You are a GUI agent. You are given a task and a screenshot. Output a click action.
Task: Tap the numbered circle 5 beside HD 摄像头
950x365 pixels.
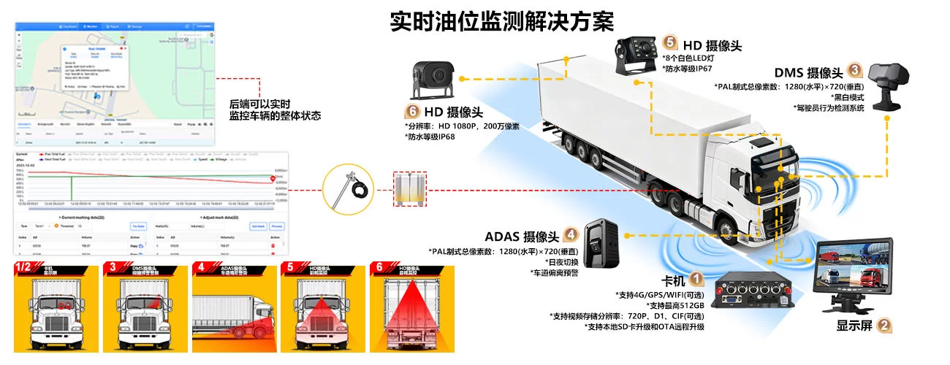[x=670, y=43]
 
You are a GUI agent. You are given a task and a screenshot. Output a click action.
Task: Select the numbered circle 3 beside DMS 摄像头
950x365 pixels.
[x=855, y=71]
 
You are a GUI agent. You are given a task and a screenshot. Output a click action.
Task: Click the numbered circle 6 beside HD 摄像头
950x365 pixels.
[x=411, y=112]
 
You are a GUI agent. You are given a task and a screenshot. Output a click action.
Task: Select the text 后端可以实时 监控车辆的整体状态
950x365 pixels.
[x=275, y=109]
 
